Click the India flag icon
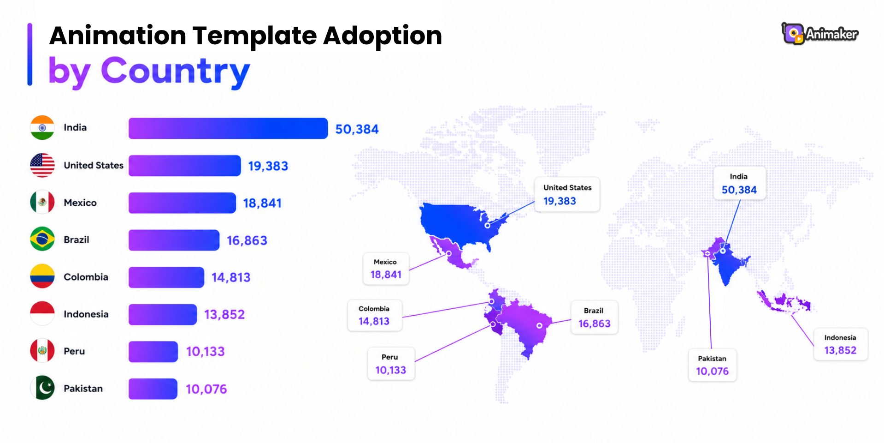pyautogui.click(x=42, y=127)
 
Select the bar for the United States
pyautogui.click(x=184, y=166)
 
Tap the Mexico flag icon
pyautogui.click(x=42, y=202)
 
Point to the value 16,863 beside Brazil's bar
pyautogui.click(x=247, y=240)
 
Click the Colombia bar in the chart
pyautogui.click(x=166, y=277)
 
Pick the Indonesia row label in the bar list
pyautogui.click(x=86, y=314)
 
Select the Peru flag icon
pyautogui.click(x=42, y=351)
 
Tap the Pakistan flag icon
pyautogui.click(x=42, y=388)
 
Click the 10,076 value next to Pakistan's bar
pyautogui.click(x=206, y=389)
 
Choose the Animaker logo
pyautogui.click(x=819, y=34)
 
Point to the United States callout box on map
pyautogui.click(x=567, y=194)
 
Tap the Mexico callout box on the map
pyautogui.click(x=386, y=269)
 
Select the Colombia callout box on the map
pyautogui.click(x=374, y=315)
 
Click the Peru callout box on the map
pyautogui.click(x=391, y=364)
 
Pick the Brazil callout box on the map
pyautogui.click(x=594, y=317)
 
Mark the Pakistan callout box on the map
pyautogui.click(x=712, y=365)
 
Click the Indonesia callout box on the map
pyautogui.click(x=840, y=344)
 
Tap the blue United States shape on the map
pyautogui.click(x=456, y=224)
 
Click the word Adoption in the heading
pyautogui.click(x=383, y=36)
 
